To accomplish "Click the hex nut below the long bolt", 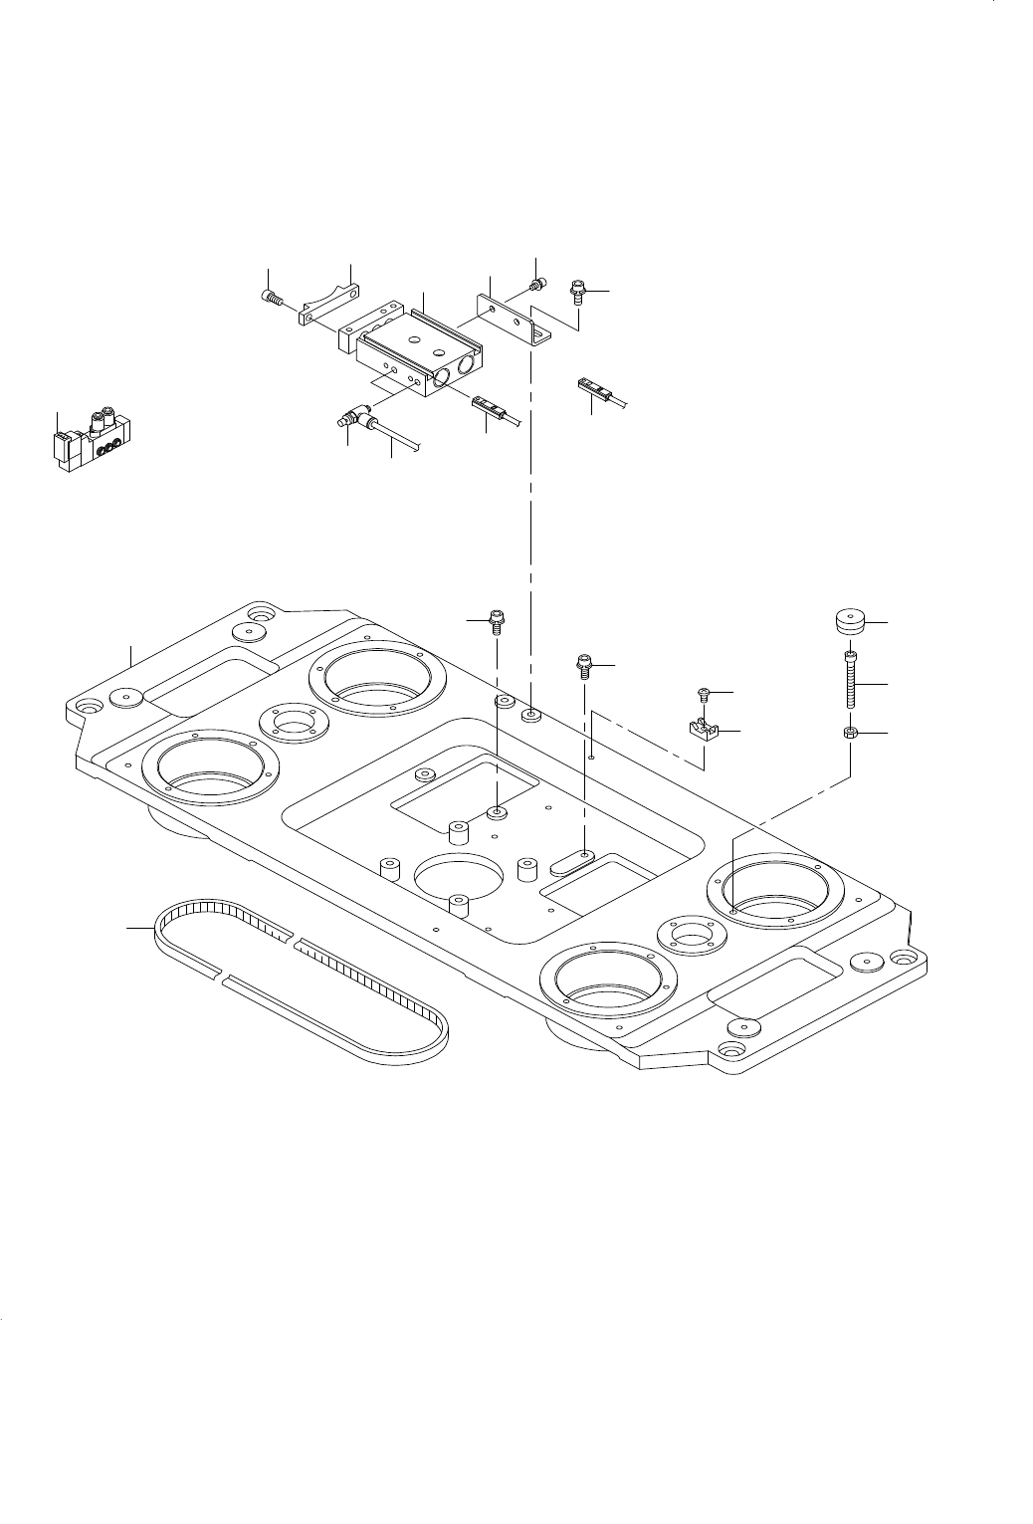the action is click(x=850, y=734).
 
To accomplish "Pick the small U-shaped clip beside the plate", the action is click(x=704, y=732).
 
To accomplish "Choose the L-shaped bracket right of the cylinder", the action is click(x=514, y=318).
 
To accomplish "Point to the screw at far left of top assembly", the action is click(x=275, y=296).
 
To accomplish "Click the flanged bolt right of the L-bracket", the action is click(x=578, y=292).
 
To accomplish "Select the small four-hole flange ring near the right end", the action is click(x=690, y=936).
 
